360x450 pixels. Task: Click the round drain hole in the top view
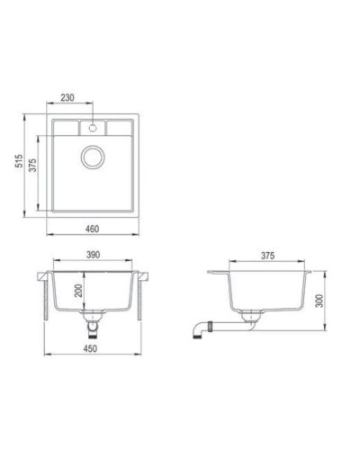pos(93,159)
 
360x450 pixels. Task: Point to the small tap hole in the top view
pos(93,128)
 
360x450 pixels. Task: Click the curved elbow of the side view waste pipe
pos(195,330)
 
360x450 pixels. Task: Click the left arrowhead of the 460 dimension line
pos(49,236)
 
